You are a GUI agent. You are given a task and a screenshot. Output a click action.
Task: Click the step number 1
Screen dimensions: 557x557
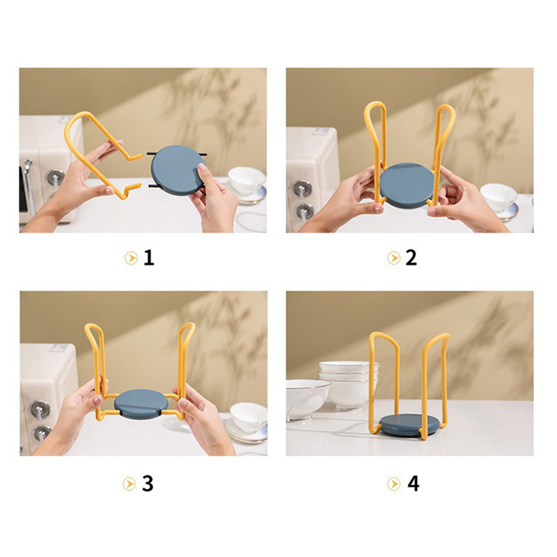[149, 258]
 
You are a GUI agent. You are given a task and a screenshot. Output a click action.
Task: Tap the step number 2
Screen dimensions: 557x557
[411, 258]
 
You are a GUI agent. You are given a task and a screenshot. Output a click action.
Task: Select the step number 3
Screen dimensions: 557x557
[148, 483]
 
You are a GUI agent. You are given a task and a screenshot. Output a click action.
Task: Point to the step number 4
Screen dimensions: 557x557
[413, 483]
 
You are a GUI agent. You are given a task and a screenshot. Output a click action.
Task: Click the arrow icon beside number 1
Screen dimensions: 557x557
[131, 258]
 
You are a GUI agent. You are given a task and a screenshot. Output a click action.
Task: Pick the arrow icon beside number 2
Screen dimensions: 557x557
[393, 258]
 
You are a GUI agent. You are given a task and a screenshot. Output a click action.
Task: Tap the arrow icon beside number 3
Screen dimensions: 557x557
[129, 484]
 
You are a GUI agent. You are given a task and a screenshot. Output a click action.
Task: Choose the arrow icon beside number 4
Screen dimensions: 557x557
[393, 484]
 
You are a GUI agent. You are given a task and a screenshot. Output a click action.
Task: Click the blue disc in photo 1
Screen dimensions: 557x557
[178, 170]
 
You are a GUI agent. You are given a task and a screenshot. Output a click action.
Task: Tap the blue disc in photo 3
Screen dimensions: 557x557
[141, 404]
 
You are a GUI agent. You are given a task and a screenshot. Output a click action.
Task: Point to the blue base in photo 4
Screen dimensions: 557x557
[409, 425]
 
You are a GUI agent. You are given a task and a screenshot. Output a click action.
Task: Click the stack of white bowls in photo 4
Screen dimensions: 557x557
[349, 384]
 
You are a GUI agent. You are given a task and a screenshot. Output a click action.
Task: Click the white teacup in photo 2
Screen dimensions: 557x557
[499, 198]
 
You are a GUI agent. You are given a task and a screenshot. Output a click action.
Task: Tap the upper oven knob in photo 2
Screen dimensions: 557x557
[303, 188]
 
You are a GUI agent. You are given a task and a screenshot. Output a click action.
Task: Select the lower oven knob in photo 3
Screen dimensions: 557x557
[42, 433]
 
